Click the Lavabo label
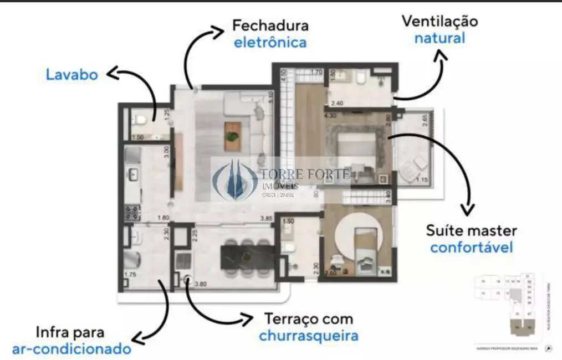(71, 75)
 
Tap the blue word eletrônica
(270, 43)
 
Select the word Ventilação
(440, 22)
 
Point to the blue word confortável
(471, 247)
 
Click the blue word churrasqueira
(308, 336)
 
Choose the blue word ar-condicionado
(71, 349)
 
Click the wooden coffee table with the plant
(233, 136)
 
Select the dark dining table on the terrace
(248, 259)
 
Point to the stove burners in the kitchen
(131, 213)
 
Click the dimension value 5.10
(271, 97)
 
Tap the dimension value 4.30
(330, 116)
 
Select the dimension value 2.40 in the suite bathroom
(337, 103)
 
